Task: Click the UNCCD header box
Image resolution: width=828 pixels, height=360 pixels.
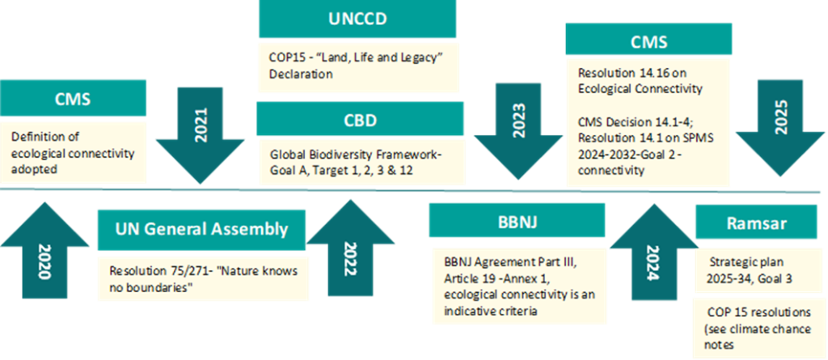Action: [x=357, y=19]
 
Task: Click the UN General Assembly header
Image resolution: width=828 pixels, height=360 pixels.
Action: [x=201, y=229]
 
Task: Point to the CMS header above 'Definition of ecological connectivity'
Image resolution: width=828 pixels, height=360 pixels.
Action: [x=73, y=99]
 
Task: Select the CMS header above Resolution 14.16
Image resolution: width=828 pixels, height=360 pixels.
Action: [x=648, y=39]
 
